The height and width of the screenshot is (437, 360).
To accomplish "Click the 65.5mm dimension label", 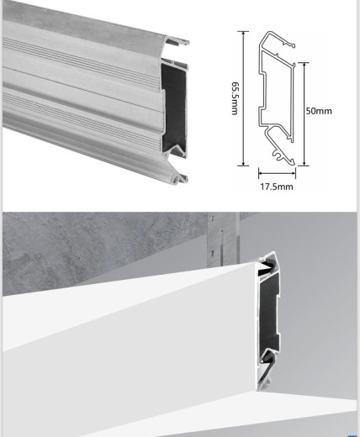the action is point(235,98).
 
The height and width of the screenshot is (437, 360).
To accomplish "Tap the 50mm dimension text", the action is point(319,111).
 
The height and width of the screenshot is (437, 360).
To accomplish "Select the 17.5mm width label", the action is point(277,187).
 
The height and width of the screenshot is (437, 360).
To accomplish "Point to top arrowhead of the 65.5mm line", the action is point(244,33).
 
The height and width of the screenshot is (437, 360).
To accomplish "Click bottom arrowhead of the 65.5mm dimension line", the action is point(244,164).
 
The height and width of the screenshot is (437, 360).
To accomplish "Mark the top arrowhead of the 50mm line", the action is point(304,65).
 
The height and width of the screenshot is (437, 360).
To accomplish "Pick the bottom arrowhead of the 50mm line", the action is point(304,163).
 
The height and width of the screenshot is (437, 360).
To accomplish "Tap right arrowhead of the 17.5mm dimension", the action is point(294,173).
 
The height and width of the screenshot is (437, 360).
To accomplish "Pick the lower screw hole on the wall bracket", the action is point(212,252).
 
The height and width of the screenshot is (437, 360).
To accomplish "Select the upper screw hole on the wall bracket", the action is point(212,217).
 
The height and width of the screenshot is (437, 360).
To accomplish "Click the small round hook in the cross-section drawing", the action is point(277,155).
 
